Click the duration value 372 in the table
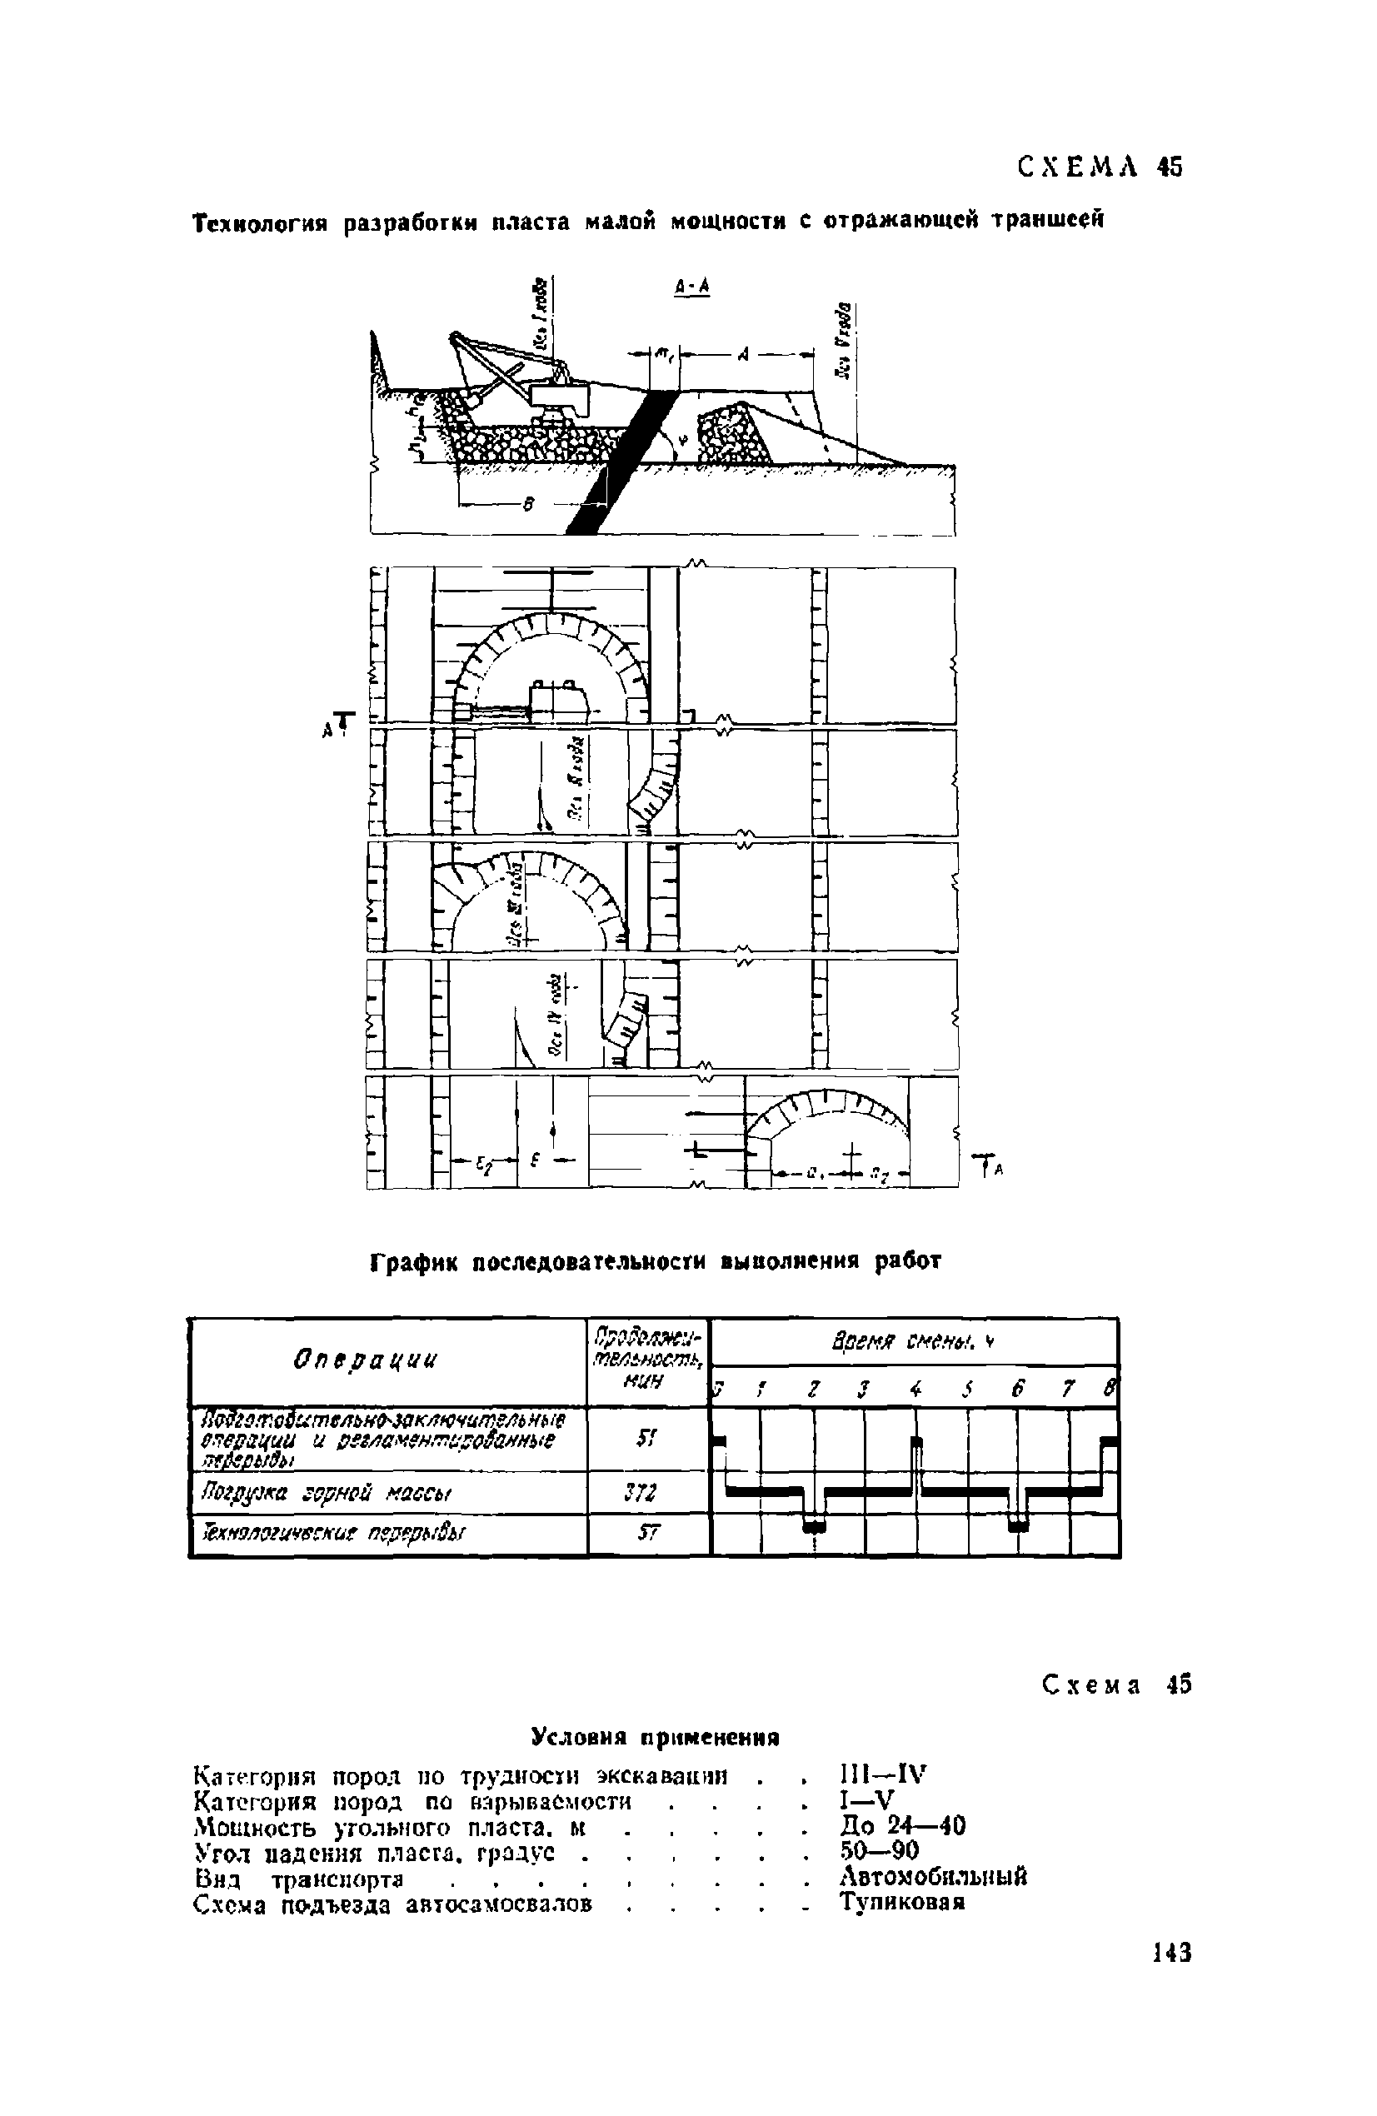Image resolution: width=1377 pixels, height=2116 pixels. [x=647, y=1493]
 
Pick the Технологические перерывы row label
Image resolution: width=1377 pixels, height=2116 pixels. [x=332, y=1535]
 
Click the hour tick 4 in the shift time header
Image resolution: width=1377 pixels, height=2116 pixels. [x=915, y=1390]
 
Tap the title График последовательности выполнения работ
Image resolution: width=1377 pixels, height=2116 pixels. [x=654, y=1261]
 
